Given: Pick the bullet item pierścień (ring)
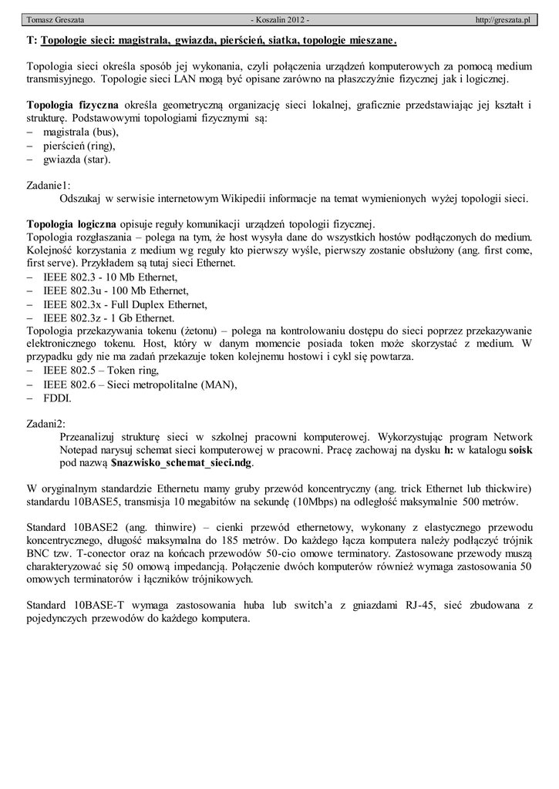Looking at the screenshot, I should tap(79, 146).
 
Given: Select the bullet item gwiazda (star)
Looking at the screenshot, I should tap(77, 159).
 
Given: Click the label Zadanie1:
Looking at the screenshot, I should tap(49, 185).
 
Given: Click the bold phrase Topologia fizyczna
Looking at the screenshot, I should tap(72, 105).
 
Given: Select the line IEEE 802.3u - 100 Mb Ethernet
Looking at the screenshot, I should tap(116, 290).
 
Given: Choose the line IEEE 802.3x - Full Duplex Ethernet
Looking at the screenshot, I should tap(124, 304).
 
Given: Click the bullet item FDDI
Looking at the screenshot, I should tap(57, 398).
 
